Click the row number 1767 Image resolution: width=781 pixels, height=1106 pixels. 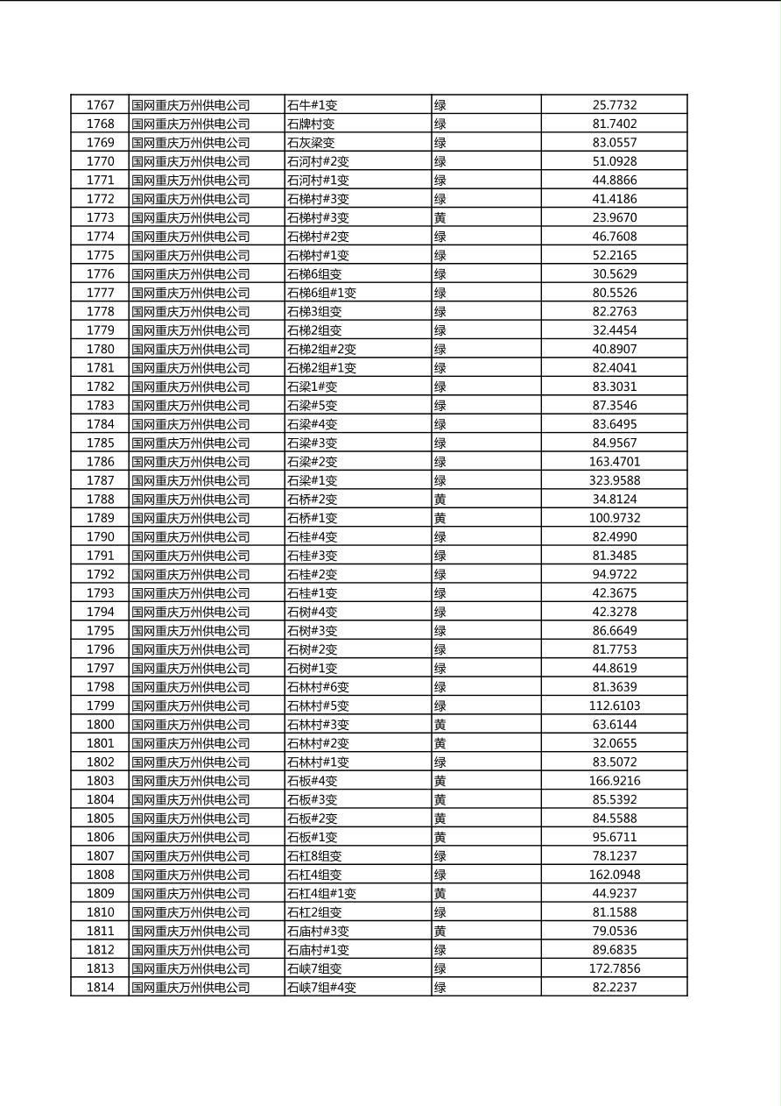(100, 105)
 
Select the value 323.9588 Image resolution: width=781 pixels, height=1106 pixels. (614, 480)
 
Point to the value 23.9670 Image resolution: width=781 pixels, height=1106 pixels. (614, 217)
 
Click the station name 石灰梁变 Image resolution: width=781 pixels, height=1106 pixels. (311, 143)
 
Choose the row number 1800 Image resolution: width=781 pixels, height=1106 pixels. (100, 725)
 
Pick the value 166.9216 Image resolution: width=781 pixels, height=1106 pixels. (614, 781)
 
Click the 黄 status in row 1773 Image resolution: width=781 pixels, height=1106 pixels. (440, 217)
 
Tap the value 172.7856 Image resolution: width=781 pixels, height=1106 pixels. (614, 968)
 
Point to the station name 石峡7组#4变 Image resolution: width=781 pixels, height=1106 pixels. (321, 988)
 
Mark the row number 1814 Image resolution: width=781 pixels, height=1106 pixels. (100, 988)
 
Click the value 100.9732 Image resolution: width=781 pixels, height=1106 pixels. (614, 518)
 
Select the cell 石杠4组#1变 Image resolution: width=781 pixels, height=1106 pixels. (321, 894)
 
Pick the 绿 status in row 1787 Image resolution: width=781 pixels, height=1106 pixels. (440, 480)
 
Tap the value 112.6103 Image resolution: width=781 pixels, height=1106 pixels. (614, 705)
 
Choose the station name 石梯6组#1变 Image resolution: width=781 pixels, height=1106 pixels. (321, 293)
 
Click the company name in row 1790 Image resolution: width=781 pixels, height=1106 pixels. (191, 536)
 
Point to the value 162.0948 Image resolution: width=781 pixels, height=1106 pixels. (614, 875)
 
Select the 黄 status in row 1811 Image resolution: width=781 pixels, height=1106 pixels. (440, 931)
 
